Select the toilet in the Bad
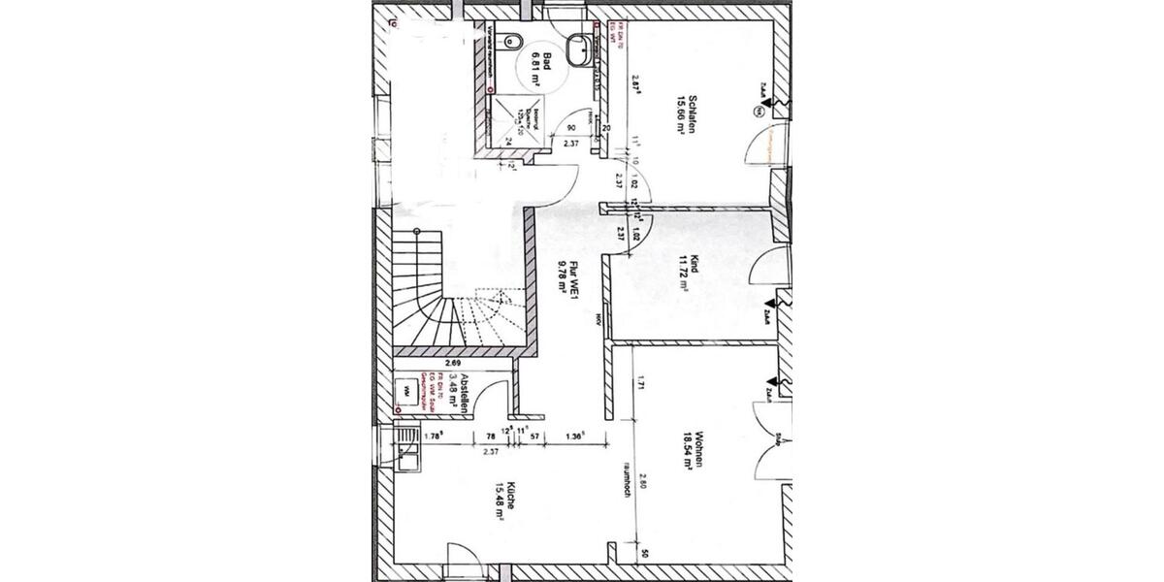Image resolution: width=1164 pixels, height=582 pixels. [517, 40]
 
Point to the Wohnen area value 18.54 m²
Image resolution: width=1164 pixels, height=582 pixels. [684, 452]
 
